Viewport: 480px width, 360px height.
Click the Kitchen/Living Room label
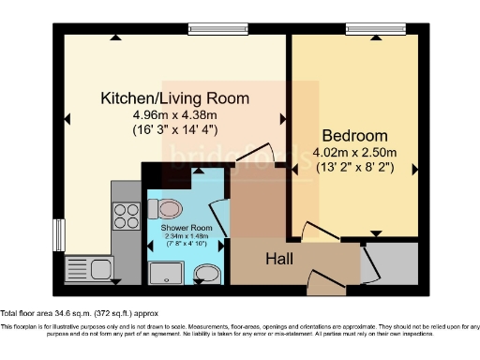pyautogui.click(x=174, y=97)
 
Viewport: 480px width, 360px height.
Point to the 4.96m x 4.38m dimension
pyautogui.click(x=175, y=115)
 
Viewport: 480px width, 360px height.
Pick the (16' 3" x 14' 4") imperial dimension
pyautogui.click(x=175, y=130)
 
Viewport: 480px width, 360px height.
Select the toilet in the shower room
pyautogui.click(x=170, y=208)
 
